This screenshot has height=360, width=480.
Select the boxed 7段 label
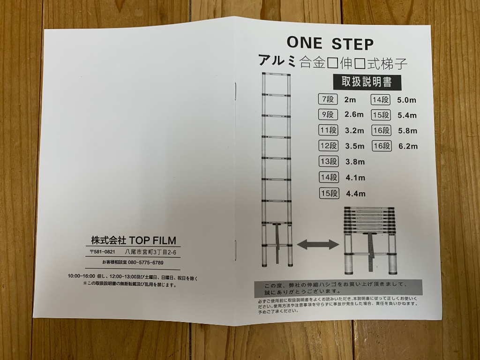[x=328, y=99]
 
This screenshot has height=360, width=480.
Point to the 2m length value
[x=350, y=100]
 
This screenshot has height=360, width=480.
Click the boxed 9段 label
[x=328, y=114]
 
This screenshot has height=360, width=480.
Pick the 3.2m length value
[x=354, y=130]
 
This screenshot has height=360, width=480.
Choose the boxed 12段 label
[x=328, y=146]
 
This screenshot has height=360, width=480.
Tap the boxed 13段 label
[x=328, y=162]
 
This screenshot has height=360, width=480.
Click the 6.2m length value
[x=408, y=146]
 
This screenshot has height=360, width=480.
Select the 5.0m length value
[x=406, y=100]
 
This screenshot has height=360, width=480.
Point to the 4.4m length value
[x=355, y=194]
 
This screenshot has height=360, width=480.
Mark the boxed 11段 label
[x=328, y=130]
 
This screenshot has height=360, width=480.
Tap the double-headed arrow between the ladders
[x=318, y=244]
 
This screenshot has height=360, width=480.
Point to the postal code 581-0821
[x=102, y=252]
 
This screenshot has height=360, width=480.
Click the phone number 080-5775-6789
[x=145, y=262]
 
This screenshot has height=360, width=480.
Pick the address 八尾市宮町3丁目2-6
[x=150, y=252]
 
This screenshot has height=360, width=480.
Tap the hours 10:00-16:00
[x=82, y=276]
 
